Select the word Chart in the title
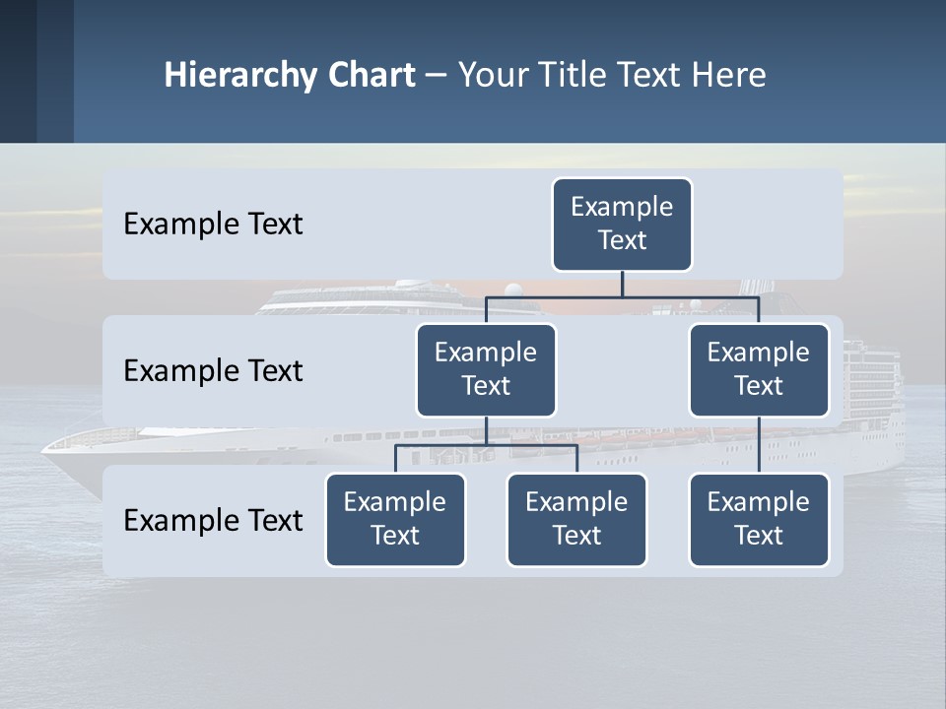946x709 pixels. tap(371, 76)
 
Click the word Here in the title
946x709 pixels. tap(727, 76)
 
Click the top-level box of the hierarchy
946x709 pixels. tap(622, 225)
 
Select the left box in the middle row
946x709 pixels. tap(486, 370)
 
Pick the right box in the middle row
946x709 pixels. tap(759, 370)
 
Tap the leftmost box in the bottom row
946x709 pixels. tap(395, 520)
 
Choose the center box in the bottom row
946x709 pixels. tap(576, 520)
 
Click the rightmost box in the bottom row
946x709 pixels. tap(759, 520)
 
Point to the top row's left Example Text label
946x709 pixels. tap(213, 225)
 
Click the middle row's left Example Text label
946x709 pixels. tap(213, 371)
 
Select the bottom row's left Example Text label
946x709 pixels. tap(213, 521)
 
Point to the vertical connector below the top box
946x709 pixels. tap(622, 284)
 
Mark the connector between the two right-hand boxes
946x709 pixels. tap(759, 445)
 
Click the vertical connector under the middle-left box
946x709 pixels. tap(486, 430)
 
